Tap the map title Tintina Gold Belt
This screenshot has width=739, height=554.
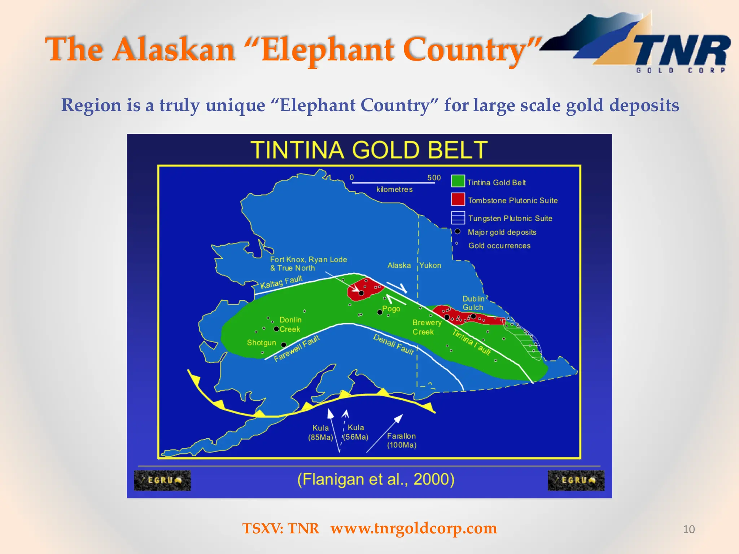click(x=369, y=150)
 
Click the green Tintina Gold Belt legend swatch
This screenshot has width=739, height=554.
click(x=458, y=181)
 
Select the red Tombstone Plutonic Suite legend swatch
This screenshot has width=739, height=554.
click(x=458, y=199)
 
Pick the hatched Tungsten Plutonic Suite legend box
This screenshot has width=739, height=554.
click(x=458, y=217)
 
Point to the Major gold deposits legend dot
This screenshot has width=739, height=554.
click(x=457, y=231)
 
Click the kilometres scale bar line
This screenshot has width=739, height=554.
click(x=393, y=183)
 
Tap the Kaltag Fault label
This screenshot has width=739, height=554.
click(x=281, y=282)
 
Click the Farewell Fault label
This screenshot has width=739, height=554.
click(x=297, y=348)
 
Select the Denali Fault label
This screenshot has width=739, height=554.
click(x=393, y=344)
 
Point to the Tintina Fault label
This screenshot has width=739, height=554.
click(x=472, y=342)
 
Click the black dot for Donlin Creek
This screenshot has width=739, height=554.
click(x=276, y=329)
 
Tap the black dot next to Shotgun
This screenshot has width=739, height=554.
click(x=284, y=345)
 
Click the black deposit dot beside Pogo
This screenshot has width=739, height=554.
click(x=380, y=312)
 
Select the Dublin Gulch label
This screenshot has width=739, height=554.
click(x=473, y=303)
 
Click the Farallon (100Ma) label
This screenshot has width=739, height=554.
click(x=402, y=440)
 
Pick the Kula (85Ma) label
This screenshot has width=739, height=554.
click(x=320, y=432)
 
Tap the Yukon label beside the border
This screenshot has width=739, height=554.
click(x=430, y=265)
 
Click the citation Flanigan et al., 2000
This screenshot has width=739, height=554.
click(x=376, y=479)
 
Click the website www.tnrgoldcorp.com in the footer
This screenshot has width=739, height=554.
click(x=414, y=528)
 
